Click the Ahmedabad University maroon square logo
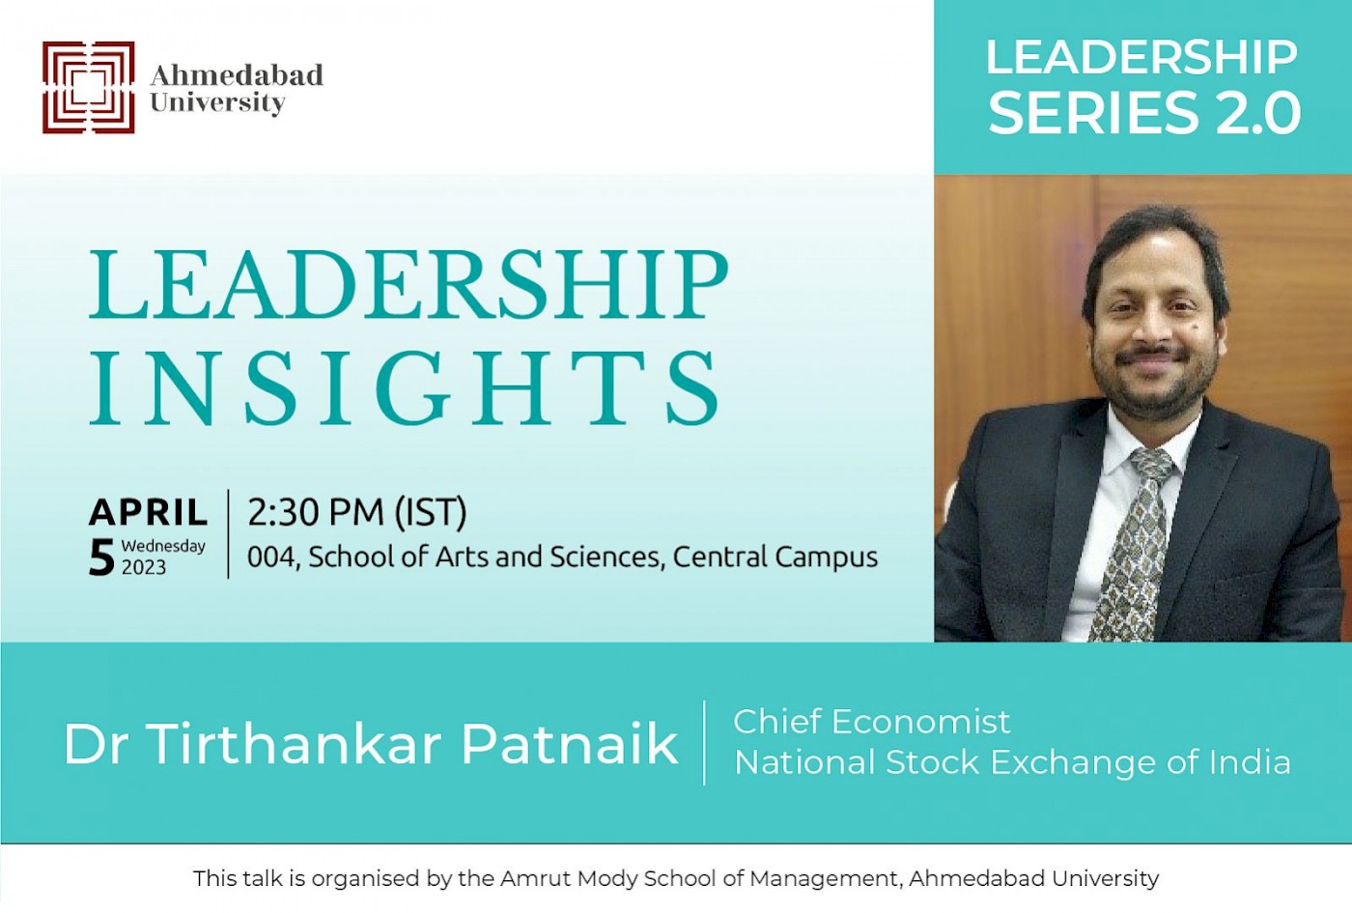[x=88, y=87]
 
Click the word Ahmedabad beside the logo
[x=237, y=75]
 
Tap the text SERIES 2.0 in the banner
[x=1143, y=113]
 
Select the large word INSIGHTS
[x=405, y=387]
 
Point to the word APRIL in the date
[x=149, y=513]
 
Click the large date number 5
[x=101, y=558]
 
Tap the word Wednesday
[x=163, y=547]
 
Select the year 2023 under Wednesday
[x=144, y=568]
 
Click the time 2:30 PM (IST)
[x=357, y=513]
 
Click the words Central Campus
[x=775, y=557]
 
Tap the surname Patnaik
[x=569, y=745]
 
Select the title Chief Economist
[x=871, y=722]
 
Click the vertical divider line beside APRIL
[x=228, y=533]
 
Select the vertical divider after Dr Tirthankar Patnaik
[x=704, y=743]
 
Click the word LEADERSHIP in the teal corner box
[x=1141, y=58]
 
